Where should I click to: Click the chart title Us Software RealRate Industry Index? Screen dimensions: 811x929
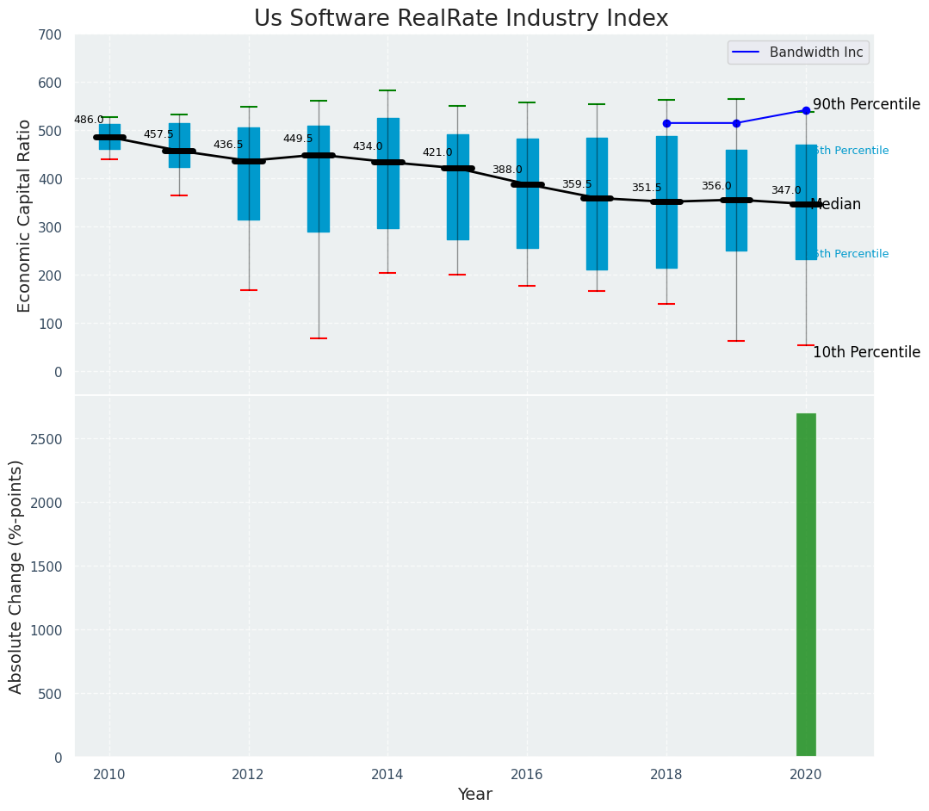461,19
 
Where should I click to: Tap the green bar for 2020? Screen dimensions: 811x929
806,585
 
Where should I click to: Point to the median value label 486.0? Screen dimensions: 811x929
89,121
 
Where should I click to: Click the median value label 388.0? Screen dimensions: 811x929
507,170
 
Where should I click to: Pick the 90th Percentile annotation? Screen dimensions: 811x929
866,104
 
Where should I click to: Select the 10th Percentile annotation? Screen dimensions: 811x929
866,352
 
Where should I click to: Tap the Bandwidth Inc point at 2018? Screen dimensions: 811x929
666,123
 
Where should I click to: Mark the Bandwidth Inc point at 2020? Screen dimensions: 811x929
806,110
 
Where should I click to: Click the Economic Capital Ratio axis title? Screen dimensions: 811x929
25,215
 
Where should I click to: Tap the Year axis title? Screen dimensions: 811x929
474,795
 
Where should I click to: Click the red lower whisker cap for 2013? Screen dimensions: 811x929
318,338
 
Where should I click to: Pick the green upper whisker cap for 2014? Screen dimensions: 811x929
387,90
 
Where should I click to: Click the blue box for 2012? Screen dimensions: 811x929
249,174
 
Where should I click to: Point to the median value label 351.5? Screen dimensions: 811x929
647,188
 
